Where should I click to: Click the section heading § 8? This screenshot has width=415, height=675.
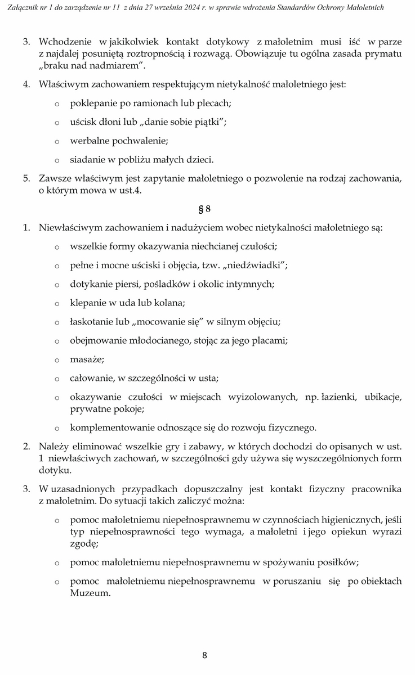point(204,210)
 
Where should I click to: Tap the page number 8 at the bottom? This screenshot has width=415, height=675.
point(205,655)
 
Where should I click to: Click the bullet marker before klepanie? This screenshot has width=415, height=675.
point(57,304)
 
